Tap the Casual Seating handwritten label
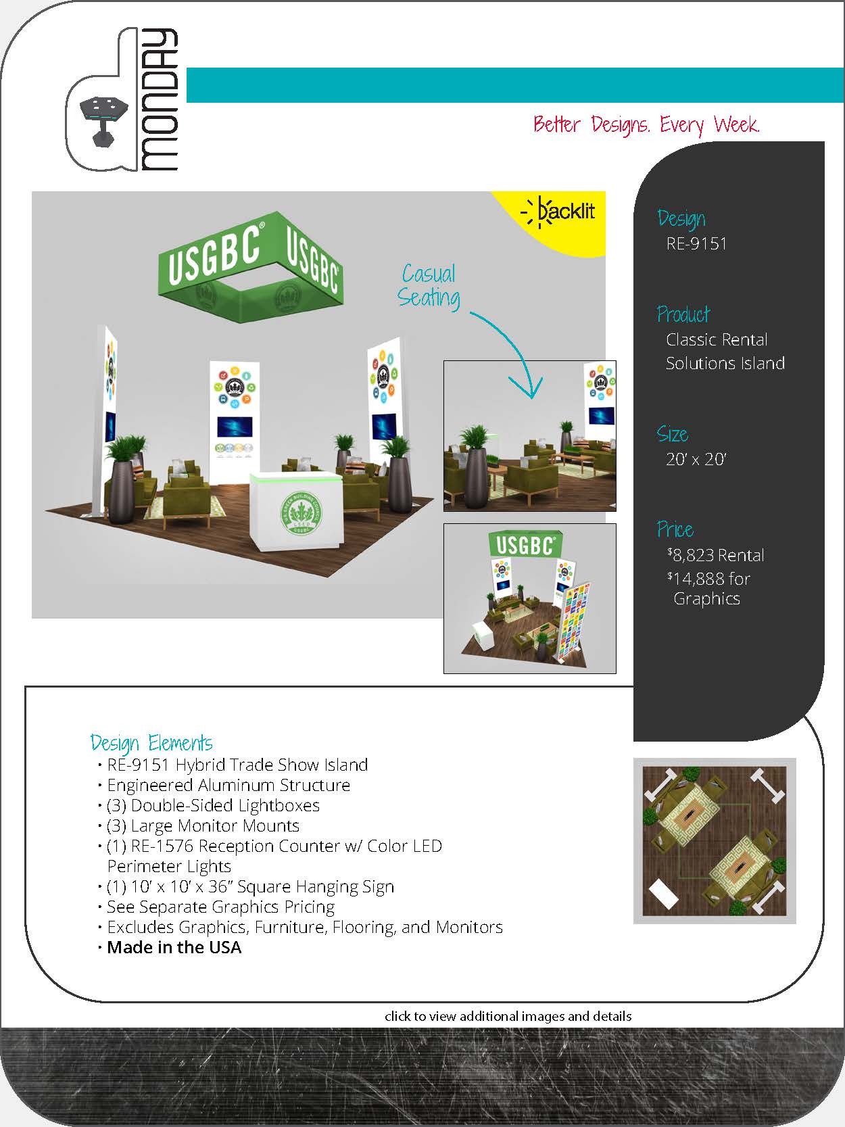(429, 286)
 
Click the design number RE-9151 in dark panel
(696, 243)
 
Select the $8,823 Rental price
(716, 555)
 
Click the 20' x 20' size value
(696, 459)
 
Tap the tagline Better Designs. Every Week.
(646, 125)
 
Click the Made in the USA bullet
(174, 947)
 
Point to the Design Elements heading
(151, 743)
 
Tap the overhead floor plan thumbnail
(715, 841)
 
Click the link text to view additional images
(508, 1016)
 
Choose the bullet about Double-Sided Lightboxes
(213, 805)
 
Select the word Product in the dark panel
(683, 314)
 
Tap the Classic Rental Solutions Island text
(725, 351)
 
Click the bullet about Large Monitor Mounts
(203, 825)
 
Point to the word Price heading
(675, 529)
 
